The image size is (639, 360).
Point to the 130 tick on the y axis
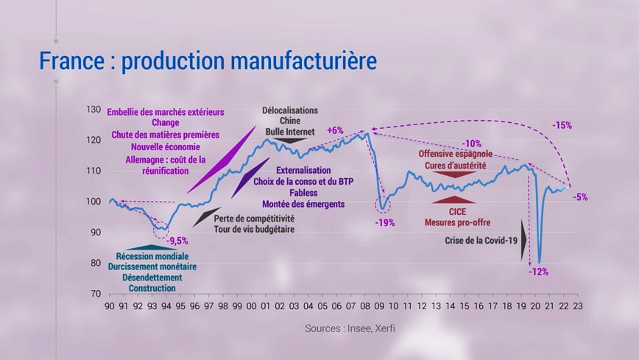pyautogui.click(x=93, y=110)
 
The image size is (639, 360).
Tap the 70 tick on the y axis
pyautogui.click(x=95, y=294)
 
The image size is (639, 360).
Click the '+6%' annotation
pyautogui.click(x=335, y=130)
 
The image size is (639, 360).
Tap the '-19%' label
pyautogui.click(x=384, y=222)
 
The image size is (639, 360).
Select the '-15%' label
pyautogui.click(x=562, y=125)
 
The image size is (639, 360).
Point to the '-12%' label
pyautogui.click(x=537, y=272)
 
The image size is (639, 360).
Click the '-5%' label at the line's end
pyautogui.click(x=580, y=197)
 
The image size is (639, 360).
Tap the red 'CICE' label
pyautogui.click(x=457, y=211)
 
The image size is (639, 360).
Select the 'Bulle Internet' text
pyautogui.click(x=290, y=132)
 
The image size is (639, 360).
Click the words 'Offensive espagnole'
pyautogui.click(x=456, y=155)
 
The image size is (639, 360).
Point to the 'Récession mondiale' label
pyautogui.click(x=152, y=256)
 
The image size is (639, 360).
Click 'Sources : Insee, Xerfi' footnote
pyautogui.click(x=350, y=328)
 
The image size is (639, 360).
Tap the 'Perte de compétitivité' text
pyautogui.click(x=254, y=218)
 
